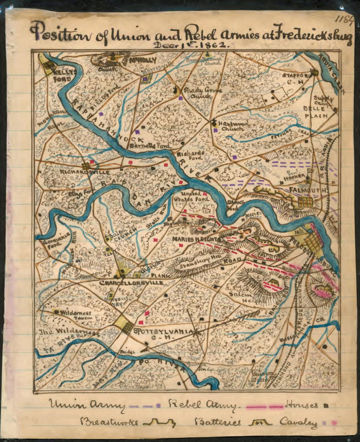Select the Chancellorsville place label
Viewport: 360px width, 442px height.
pyautogui.click(x=131, y=282)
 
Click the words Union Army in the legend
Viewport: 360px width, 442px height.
pyautogui.click(x=87, y=406)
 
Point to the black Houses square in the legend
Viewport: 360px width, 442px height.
pyautogui.click(x=325, y=406)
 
